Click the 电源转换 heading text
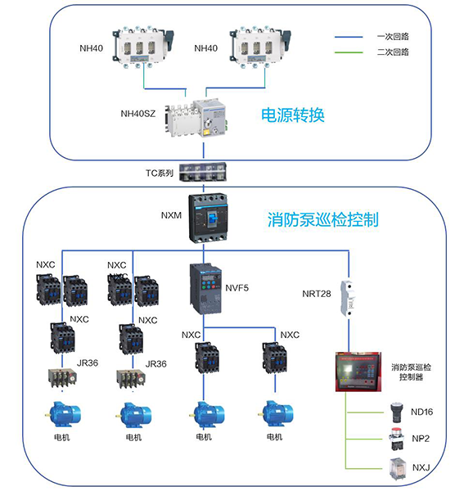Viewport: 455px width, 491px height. tap(292, 115)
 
